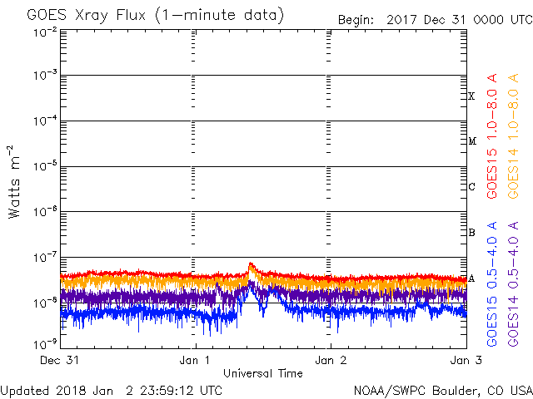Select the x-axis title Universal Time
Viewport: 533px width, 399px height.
point(262,373)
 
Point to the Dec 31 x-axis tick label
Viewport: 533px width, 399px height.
point(61,360)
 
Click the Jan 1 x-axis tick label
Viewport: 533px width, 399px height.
point(195,360)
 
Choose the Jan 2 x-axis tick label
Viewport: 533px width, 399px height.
point(331,360)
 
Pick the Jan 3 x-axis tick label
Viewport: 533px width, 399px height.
point(466,360)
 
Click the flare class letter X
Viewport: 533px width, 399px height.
point(472,96)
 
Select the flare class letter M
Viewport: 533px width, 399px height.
point(472,141)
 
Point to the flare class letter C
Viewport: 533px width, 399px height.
point(472,187)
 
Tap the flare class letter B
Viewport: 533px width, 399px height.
point(472,232)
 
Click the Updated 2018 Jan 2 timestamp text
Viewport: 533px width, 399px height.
point(112,389)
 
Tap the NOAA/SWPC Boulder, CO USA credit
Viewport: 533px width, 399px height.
point(441,389)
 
